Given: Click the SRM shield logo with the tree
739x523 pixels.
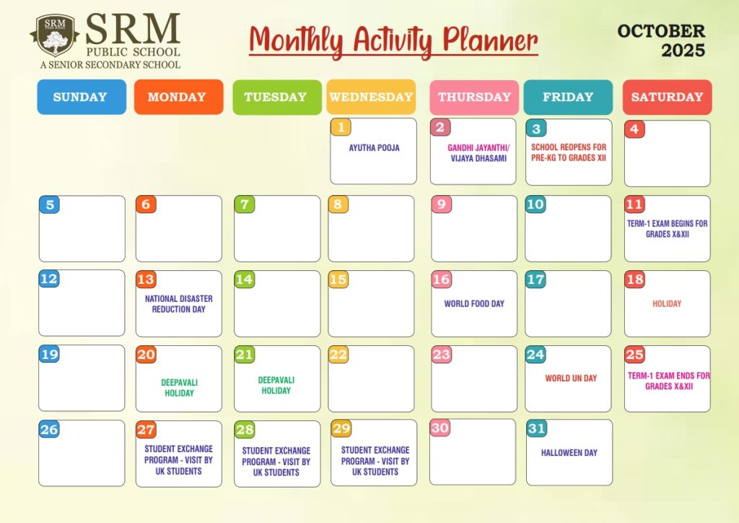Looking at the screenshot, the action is pyautogui.click(x=55, y=35).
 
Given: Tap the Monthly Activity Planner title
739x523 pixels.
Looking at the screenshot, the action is pyautogui.click(x=393, y=41).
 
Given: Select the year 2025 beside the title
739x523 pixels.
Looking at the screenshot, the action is pyautogui.click(x=683, y=51).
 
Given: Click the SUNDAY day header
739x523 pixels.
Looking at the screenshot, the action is pyautogui.click(x=82, y=97).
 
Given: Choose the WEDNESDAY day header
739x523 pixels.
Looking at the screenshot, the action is pyautogui.click(x=371, y=97).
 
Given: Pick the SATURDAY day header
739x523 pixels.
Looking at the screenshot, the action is pyautogui.click(x=667, y=97).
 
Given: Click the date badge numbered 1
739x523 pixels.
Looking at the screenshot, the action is pyautogui.click(x=341, y=127).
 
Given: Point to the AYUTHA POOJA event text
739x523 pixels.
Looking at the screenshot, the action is pyautogui.click(x=375, y=148).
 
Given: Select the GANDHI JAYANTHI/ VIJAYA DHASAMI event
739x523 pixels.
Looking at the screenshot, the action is pyautogui.click(x=478, y=153).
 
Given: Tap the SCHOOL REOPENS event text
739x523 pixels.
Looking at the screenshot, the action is pyautogui.click(x=569, y=152).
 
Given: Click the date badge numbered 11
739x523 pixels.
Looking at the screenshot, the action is pyautogui.click(x=634, y=204).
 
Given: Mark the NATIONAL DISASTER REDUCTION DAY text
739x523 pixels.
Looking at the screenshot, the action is pyautogui.click(x=179, y=304).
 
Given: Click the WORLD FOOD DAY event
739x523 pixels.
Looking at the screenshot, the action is pyautogui.click(x=474, y=303).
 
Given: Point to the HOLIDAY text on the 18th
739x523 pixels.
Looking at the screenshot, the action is pyautogui.click(x=667, y=303).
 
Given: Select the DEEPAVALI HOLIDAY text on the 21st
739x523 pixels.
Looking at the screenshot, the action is pyautogui.click(x=276, y=385).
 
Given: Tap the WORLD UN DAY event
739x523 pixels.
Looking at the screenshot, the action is pyautogui.click(x=571, y=379).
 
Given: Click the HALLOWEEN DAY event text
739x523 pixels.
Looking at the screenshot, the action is pyautogui.click(x=569, y=453).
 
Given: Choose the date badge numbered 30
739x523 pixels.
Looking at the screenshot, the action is pyautogui.click(x=440, y=428).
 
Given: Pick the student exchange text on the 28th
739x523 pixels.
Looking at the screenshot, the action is pyautogui.click(x=276, y=462).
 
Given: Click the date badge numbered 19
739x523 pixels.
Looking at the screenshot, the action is pyautogui.click(x=49, y=354).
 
